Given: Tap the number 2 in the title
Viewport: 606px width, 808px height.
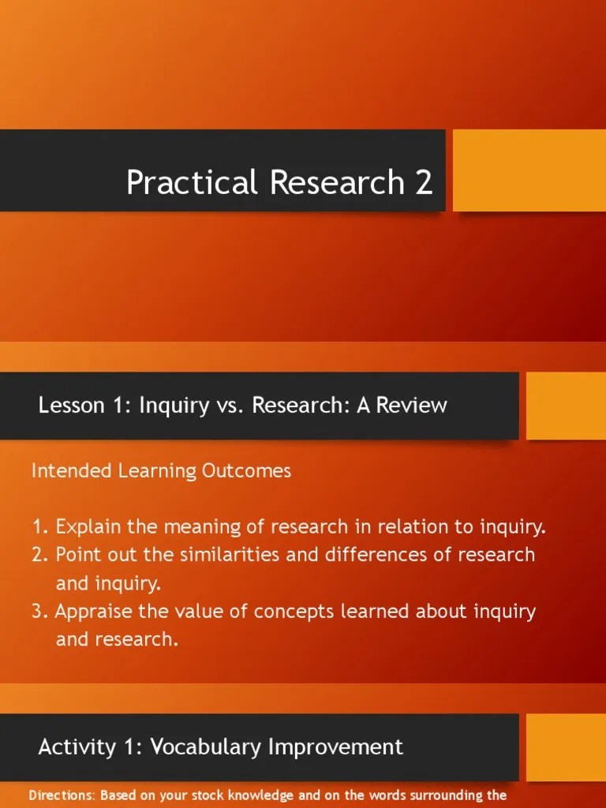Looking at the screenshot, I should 423,183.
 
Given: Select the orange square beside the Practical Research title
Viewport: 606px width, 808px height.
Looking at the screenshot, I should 529,170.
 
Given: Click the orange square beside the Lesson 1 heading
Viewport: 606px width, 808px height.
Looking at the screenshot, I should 566,406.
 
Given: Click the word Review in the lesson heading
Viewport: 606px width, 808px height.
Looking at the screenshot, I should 412,406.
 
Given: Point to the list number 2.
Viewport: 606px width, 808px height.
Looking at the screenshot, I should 39,555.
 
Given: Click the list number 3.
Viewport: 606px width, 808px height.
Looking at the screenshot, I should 39,612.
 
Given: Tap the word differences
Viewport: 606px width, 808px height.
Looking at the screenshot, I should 374,555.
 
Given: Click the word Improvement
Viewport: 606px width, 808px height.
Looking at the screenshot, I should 339,746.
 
